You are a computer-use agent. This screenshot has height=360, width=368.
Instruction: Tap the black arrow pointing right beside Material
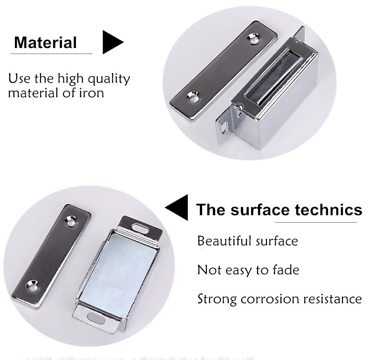tap(112, 42)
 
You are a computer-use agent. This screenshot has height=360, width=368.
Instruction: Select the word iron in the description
tap(91, 92)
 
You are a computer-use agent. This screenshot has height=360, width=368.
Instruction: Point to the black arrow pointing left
tap(177, 208)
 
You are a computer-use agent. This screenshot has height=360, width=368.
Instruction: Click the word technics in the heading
tap(328, 210)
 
